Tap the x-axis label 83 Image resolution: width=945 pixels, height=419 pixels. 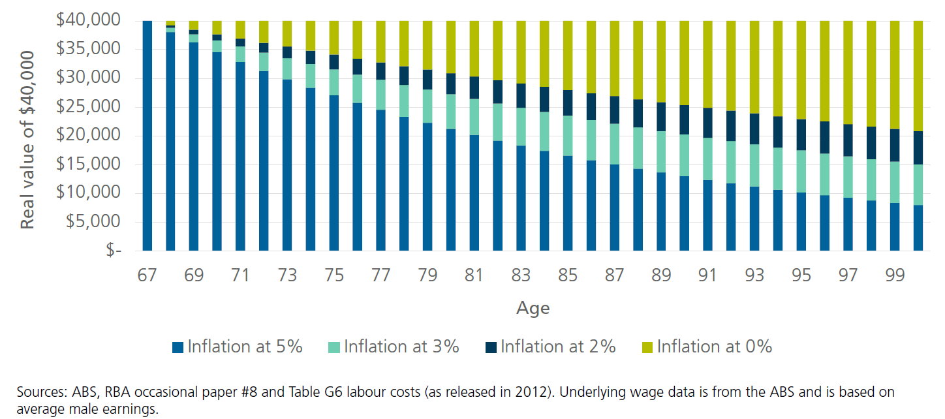pyautogui.click(x=521, y=275)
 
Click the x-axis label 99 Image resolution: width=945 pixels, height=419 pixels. pyautogui.click(x=895, y=275)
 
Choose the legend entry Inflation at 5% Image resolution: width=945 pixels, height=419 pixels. pyautogui.click(x=245, y=347)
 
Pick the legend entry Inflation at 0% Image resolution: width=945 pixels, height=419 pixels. pyautogui.click(x=715, y=347)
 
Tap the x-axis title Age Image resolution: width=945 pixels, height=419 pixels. pyautogui.click(x=533, y=308)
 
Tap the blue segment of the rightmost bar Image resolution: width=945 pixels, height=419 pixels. pyautogui.click(x=918, y=228)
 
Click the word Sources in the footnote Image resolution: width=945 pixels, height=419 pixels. pyautogui.click(x=38, y=392)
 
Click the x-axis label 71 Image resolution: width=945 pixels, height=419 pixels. pyautogui.click(x=241, y=275)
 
